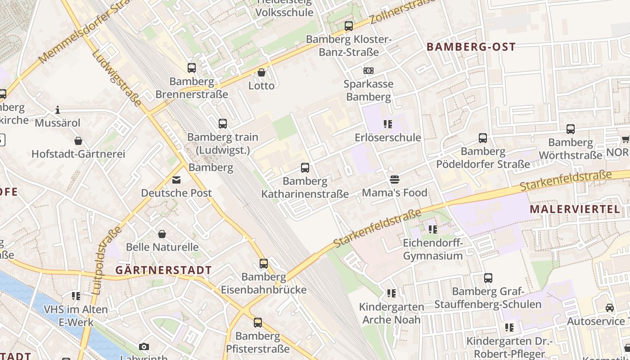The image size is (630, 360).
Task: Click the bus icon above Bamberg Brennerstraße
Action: pos(192,68)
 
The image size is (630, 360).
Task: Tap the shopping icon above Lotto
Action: pos(261,72)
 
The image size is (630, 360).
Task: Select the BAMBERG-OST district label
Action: pos(471,47)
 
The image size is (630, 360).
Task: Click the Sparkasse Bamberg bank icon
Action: pos(368,71)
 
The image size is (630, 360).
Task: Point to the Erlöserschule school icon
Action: pos(388,124)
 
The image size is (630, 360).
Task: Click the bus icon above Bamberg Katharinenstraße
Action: pos(305,168)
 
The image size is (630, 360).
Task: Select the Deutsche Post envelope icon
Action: pos(176,180)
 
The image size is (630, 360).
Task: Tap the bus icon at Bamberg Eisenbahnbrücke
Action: pos(264,263)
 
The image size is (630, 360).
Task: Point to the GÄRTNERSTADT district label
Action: pos(163,270)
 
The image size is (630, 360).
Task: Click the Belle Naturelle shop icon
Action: pos(162,234)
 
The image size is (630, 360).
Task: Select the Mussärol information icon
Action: pos(58,110)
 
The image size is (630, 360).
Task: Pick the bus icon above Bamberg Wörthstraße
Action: pos(571,129)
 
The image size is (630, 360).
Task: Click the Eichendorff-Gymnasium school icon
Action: pos(433,229)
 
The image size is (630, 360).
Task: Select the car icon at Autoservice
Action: pos(610,308)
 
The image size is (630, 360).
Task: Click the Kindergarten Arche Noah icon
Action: pos(391,293)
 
